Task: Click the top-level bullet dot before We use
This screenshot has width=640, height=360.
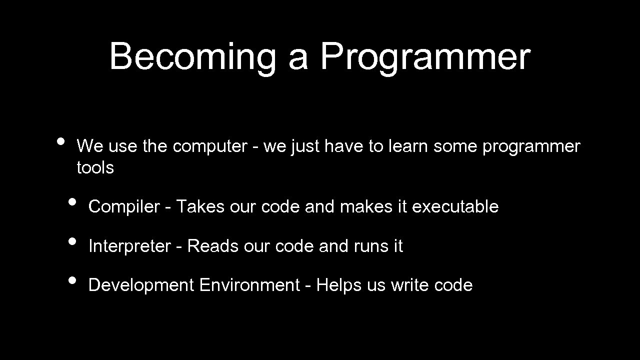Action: (x=60, y=141)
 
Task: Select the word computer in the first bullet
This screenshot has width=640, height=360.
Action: (x=209, y=147)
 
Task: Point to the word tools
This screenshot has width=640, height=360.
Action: (x=95, y=168)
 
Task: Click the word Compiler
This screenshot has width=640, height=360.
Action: (x=123, y=206)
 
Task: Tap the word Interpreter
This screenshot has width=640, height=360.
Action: (x=129, y=246)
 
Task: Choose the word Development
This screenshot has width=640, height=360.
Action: (x=141, y=285)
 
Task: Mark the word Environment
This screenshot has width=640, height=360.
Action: (x=249, y=285)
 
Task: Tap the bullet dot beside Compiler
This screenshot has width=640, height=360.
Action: (x=72, y=202)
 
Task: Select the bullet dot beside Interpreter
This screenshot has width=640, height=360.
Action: (x=72, y=241)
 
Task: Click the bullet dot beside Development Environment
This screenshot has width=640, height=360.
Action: (x=72, y=280)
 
